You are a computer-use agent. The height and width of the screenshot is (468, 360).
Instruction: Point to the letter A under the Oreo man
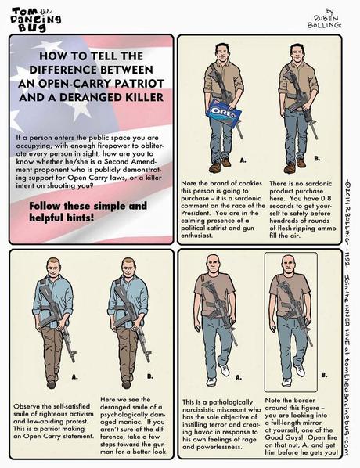point(243,159)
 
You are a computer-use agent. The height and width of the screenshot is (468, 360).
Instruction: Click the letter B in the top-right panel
point(317,159)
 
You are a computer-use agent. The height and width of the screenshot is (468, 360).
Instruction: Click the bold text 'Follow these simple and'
point(88,207)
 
